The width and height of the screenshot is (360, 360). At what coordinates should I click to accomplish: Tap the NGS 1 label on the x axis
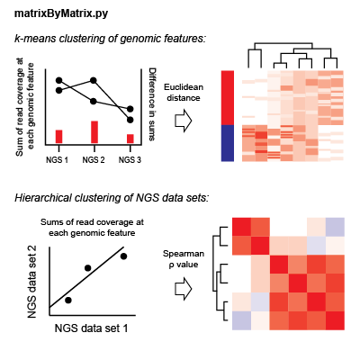tap(58, 159)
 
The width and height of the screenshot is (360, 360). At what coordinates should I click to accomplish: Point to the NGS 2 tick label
tap(94, 159)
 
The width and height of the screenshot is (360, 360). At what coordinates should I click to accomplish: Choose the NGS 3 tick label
tap(130, 159)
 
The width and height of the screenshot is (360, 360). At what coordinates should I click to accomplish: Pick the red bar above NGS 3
tap(130, 139)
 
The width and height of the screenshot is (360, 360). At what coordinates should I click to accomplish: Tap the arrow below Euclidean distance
tap(184, 121)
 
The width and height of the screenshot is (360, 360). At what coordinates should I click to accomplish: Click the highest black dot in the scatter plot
tap(124, 256)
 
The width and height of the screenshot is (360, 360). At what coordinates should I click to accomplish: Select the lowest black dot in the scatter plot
tap(68, 299)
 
